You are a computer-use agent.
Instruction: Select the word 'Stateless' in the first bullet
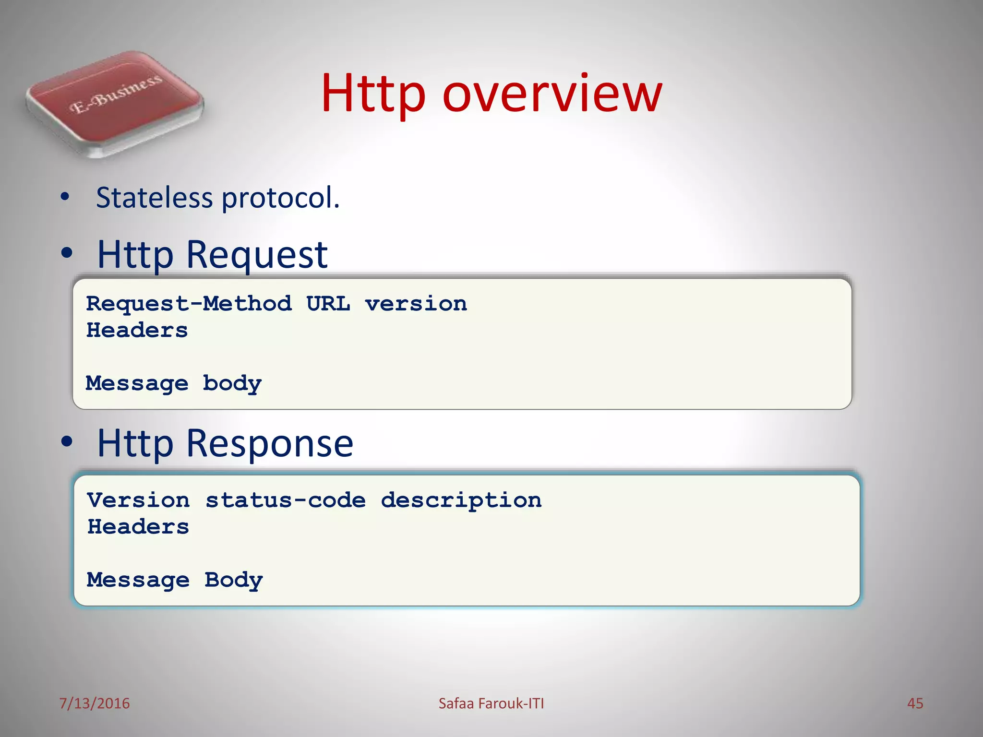[x=154, y=198]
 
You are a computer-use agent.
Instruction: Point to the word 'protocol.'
[x=281, y=199]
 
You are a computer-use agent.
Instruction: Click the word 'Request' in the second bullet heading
[x=257, y=255]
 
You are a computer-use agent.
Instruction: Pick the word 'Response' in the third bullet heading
[x=270, y=443]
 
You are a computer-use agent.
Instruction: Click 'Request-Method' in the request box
[x=189, y=304]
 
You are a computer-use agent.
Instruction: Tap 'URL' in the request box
[x=328, y=304]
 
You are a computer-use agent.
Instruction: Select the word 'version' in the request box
[x=416, y=304]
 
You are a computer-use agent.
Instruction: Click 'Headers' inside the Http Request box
[x=137, y=330]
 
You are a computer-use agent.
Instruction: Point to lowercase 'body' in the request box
[x=232, y=384]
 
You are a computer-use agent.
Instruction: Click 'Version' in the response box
[x=138, y=500]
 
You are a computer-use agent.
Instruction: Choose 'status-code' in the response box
[x=286, y=500]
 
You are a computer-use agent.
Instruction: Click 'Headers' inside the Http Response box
[x=138, y=527]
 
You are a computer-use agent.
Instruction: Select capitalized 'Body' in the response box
[x=234, y=581]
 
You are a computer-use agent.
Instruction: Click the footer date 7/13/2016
[x=95, y=703]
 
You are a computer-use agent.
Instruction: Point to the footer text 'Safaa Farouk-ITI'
[x=491, y=703]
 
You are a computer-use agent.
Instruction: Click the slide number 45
[x=915, y=703]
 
